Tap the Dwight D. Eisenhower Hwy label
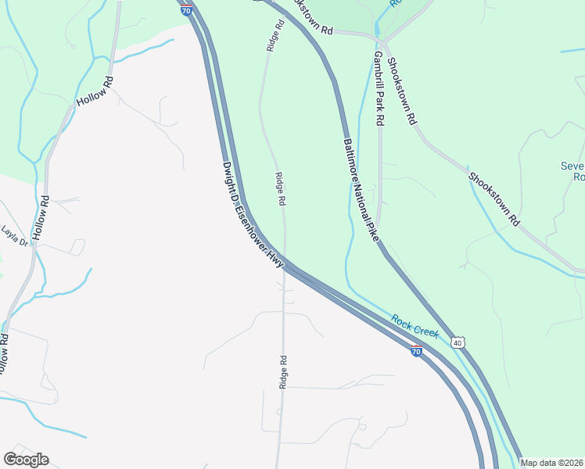[x=252, y=217]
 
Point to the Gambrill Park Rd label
[x=379, y=89]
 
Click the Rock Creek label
[x=415, y=327]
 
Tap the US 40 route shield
[x=458, y=342]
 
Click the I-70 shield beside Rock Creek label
[x=417, y=352]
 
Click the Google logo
[x=27, y=460]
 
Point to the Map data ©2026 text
[x=552, y=463]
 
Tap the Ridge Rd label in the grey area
[x=284, y=372]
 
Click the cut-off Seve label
[x=572, y=166]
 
